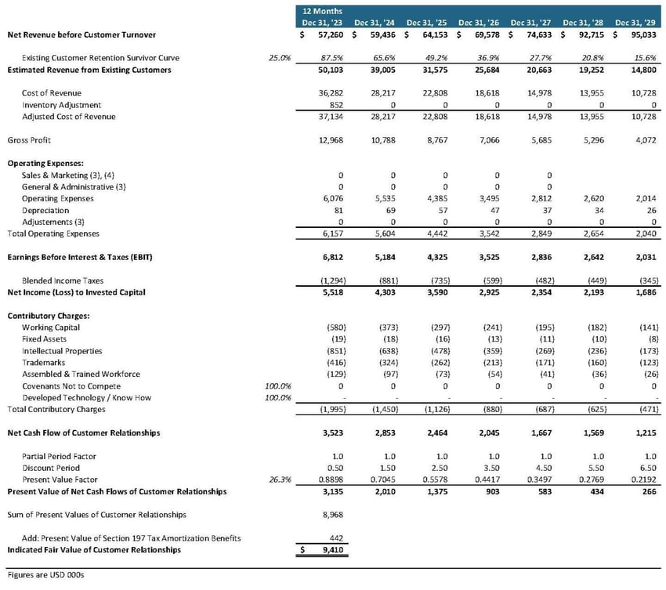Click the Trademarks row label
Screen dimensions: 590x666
click(43, 363)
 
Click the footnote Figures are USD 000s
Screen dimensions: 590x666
click(45, 575)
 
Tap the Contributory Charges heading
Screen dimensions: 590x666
click(43, 316)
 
